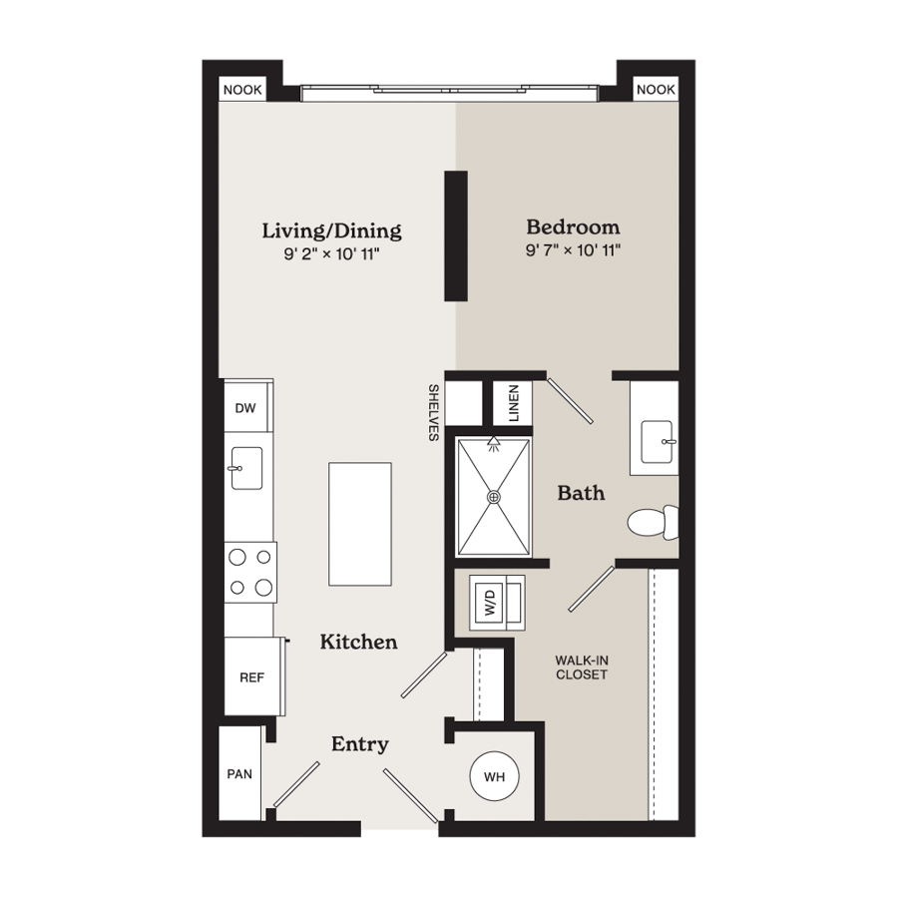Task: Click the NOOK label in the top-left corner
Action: (242, 90)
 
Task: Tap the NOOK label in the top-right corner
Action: (656, 90)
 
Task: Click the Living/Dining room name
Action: (331, 230)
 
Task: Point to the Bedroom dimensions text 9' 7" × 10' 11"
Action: (574, 250)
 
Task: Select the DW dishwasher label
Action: (245, 408)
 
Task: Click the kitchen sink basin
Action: (246, 469)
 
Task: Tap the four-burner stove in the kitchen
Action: (250, 572)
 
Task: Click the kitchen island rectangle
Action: (359, 524)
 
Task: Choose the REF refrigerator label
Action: (252, 677)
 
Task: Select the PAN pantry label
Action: (239, 774)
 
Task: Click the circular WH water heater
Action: (494, 776)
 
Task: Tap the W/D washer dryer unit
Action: (497, 603)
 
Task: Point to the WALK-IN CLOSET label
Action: (582, 668)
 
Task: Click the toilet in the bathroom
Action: (654, 522)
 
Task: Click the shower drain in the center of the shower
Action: (494, 497)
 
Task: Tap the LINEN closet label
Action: (513, 403)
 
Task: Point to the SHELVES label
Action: (434, 412)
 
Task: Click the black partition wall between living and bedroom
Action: (456, 235)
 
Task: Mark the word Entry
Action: (359, 744)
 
